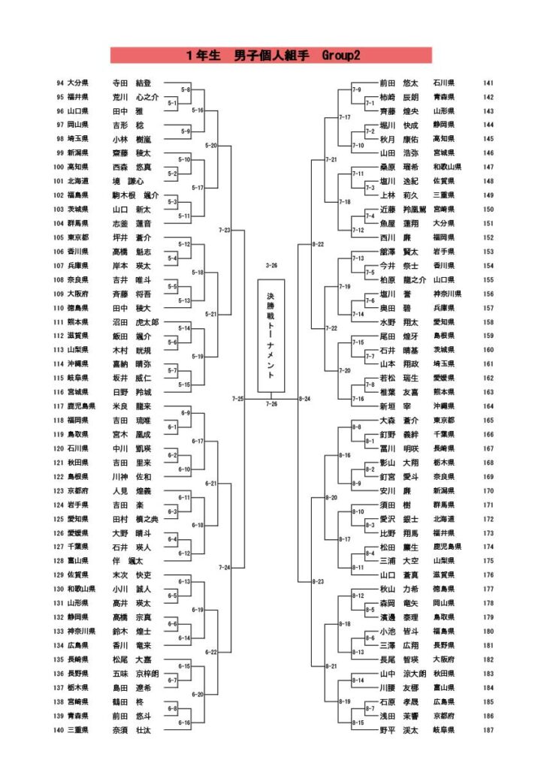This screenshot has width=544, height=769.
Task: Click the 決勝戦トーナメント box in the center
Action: pyautogui.click(x=270, y=336)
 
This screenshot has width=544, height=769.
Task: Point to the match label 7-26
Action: pyautogui.click(x=270, y=404)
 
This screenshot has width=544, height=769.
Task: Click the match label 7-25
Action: pyautogui.click(x=237, y=398)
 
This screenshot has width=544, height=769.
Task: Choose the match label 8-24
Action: pyautogui.click(x=304, y=398)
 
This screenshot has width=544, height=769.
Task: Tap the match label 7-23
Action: pyautogui.click(x=224, y=230)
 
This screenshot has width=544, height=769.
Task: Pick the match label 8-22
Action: pyautogui.click(x=317, y=244)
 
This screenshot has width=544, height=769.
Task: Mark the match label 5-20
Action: pyautogui.click(x=211, y=145)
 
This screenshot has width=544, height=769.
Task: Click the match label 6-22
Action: pyautogui.click(x=211, y=652)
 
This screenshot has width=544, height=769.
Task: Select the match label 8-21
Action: pyautogui.click(x=331, y=666)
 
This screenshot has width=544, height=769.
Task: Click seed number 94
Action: pyautogui.click(x=60, y=83)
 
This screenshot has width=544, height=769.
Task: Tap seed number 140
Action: pyautogui.click(x=59, y=729)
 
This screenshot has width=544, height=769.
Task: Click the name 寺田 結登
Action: pyautogui.click(x=131, y=83)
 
